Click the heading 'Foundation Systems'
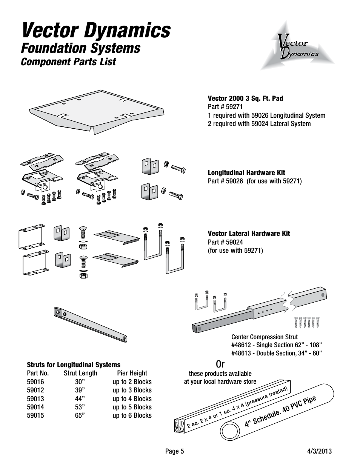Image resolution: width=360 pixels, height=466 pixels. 81,48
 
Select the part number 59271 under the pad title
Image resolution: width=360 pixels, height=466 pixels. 225,107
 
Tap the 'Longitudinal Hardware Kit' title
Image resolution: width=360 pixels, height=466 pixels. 246,173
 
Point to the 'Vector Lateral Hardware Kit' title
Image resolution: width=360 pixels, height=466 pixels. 249,234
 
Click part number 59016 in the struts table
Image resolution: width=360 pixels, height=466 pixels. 35,382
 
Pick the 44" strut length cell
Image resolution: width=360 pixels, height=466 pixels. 80,399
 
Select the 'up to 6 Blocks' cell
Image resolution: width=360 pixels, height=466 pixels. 132,415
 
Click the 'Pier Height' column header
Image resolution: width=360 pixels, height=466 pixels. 132,373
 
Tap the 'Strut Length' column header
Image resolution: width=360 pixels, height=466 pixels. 80,373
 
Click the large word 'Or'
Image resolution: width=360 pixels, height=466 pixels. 220,364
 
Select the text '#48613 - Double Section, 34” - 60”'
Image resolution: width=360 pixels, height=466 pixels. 276,353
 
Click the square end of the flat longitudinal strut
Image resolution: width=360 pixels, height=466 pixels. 58,312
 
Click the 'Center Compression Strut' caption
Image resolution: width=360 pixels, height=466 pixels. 264,337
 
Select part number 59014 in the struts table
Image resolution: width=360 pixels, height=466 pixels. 35,407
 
